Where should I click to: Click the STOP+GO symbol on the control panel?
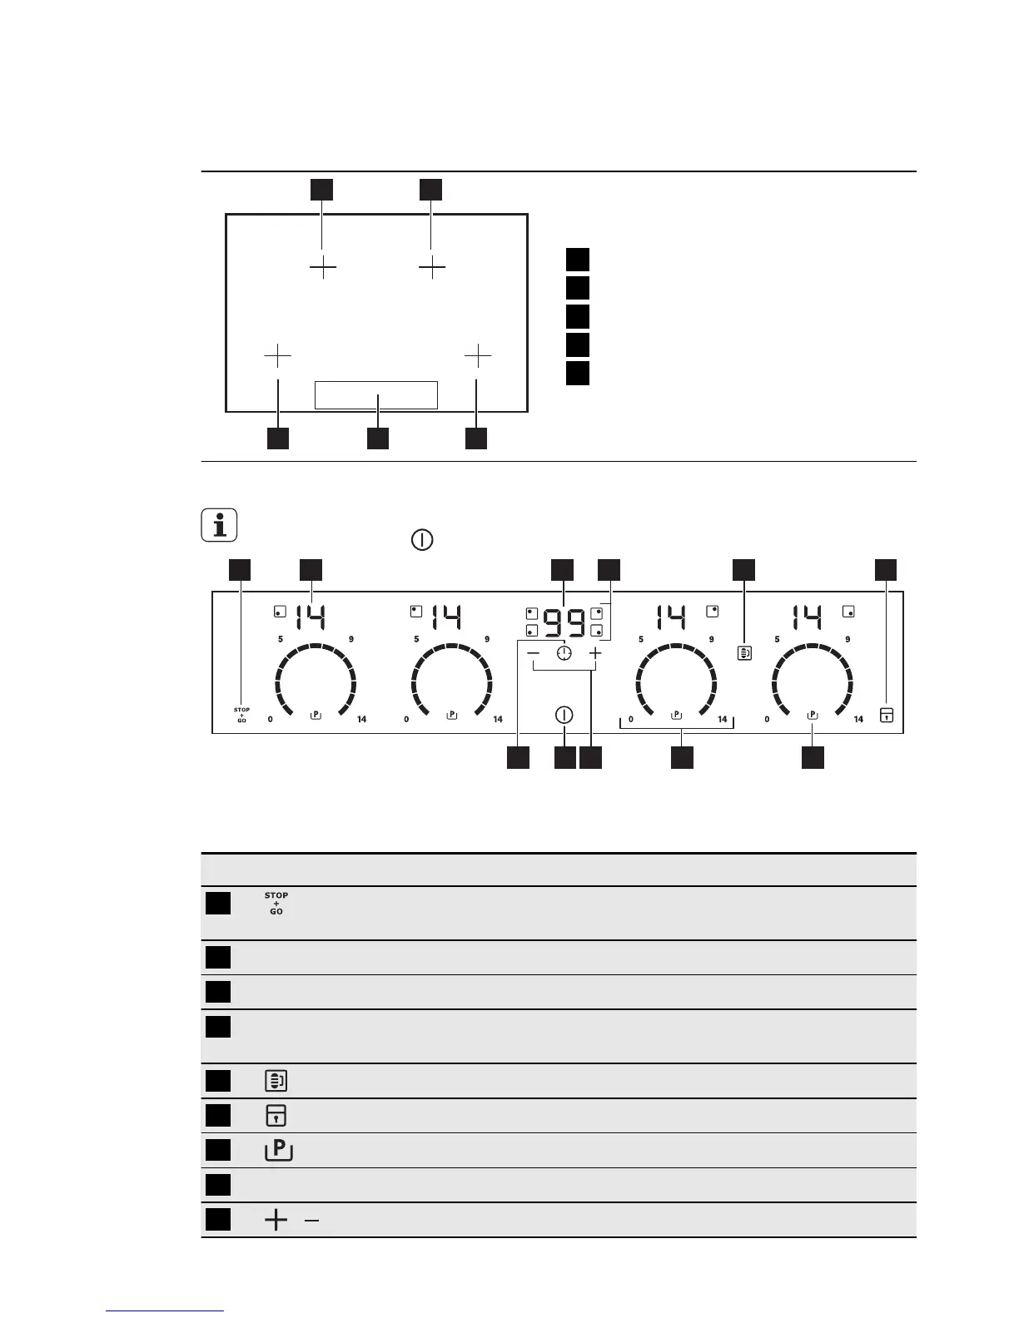241,715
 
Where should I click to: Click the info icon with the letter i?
219,526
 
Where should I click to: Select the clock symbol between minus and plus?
565,654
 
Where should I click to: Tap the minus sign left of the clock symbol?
534,654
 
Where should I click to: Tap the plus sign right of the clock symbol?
594,654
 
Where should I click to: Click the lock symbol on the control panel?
887,715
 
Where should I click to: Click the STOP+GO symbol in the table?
276,904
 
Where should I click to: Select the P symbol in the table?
278,1150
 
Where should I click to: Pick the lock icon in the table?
276,1115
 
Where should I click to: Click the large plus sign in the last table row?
276,1221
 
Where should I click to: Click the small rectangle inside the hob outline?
376,395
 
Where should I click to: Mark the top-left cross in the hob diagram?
323,268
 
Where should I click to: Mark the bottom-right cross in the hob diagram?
478,356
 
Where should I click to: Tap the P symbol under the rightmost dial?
813,715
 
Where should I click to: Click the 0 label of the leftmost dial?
271,720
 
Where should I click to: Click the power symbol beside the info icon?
422,540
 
